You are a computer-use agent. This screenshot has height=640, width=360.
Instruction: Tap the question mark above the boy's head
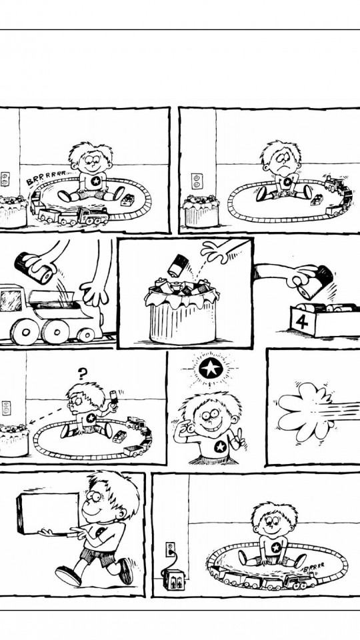tap(83, 373)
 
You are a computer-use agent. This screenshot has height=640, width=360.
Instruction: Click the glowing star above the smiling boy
tap(211, 369)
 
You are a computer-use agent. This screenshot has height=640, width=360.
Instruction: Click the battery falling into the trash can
tap(177, 265)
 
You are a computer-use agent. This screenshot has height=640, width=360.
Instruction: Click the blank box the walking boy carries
tap(48, 513)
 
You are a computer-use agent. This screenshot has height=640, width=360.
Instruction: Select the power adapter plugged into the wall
tap(174, 579)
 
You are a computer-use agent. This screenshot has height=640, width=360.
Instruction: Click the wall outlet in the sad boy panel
tap(197, 181)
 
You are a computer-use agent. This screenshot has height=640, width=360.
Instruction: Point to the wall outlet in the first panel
tap(5, 179)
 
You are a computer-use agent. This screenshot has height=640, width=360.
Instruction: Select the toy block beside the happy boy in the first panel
tap(128, 199)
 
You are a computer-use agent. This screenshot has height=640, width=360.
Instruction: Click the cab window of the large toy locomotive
tap(10, 301)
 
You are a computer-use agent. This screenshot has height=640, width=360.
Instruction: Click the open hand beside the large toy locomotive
tap(94, 292)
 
